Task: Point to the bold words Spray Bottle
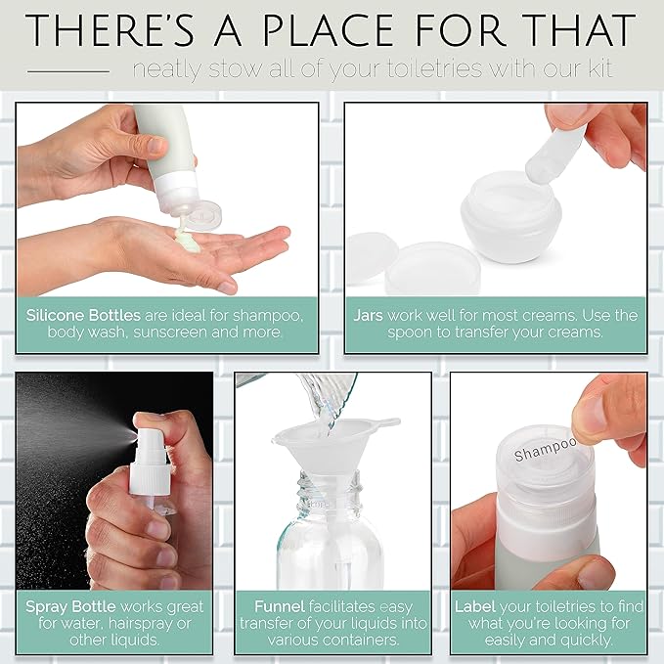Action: pos(71,605)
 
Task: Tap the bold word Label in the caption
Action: pos(475,605)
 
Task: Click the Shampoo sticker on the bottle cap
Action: pos(546,451)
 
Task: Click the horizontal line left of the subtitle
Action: pos(68,71)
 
